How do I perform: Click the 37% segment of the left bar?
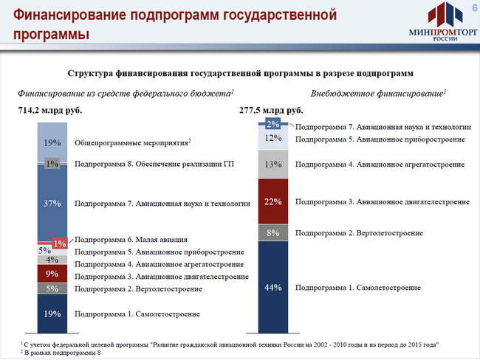(52, 203)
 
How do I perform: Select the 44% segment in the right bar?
(273, 287)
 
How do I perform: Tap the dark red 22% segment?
(273, 201)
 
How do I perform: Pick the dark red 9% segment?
(52, 274)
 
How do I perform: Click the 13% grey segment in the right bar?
(273, 165)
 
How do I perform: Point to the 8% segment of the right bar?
(273, 233)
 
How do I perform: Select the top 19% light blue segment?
(52, 142)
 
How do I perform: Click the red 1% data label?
(60, 243)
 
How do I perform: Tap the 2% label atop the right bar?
(272, 124)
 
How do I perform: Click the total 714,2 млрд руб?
(50, 110)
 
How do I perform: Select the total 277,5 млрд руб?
(271, 110)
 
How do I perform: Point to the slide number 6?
(475, 7)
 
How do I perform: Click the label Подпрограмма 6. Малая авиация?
(131, 240)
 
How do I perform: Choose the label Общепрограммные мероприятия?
(132, 142)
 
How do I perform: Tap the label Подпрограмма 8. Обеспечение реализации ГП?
(154, 164)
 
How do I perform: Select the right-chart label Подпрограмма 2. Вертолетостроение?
(359, 233)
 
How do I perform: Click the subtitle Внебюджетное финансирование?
(378, 93)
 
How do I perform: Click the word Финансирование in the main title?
(70, 15)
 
